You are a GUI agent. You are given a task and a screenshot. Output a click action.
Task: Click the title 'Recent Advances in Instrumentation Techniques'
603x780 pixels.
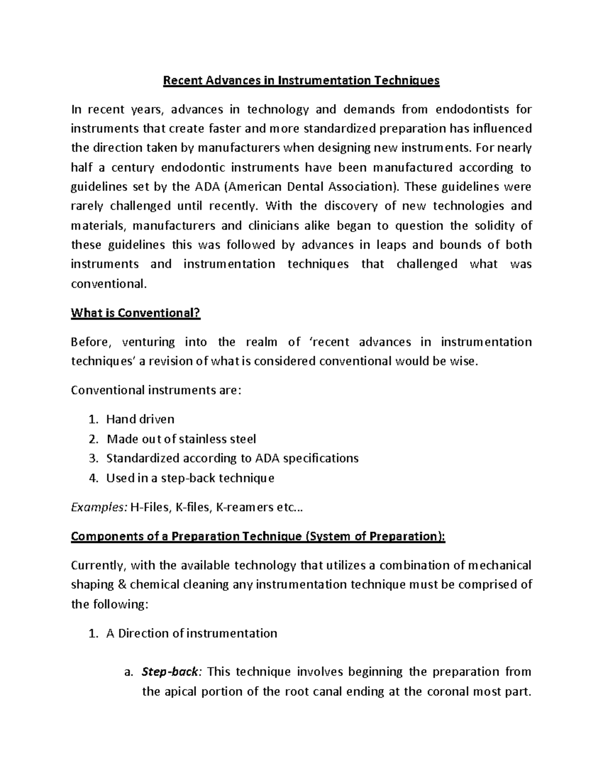point(301,80)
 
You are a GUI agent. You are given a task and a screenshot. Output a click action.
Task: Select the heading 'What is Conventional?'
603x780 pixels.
point(136,313)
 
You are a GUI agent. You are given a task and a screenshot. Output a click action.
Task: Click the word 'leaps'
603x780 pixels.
point(392,245)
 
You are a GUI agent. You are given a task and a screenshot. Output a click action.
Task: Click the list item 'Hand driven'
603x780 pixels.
point(140,419)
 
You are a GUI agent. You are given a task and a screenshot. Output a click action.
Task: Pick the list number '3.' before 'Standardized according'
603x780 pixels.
point(92,458)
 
